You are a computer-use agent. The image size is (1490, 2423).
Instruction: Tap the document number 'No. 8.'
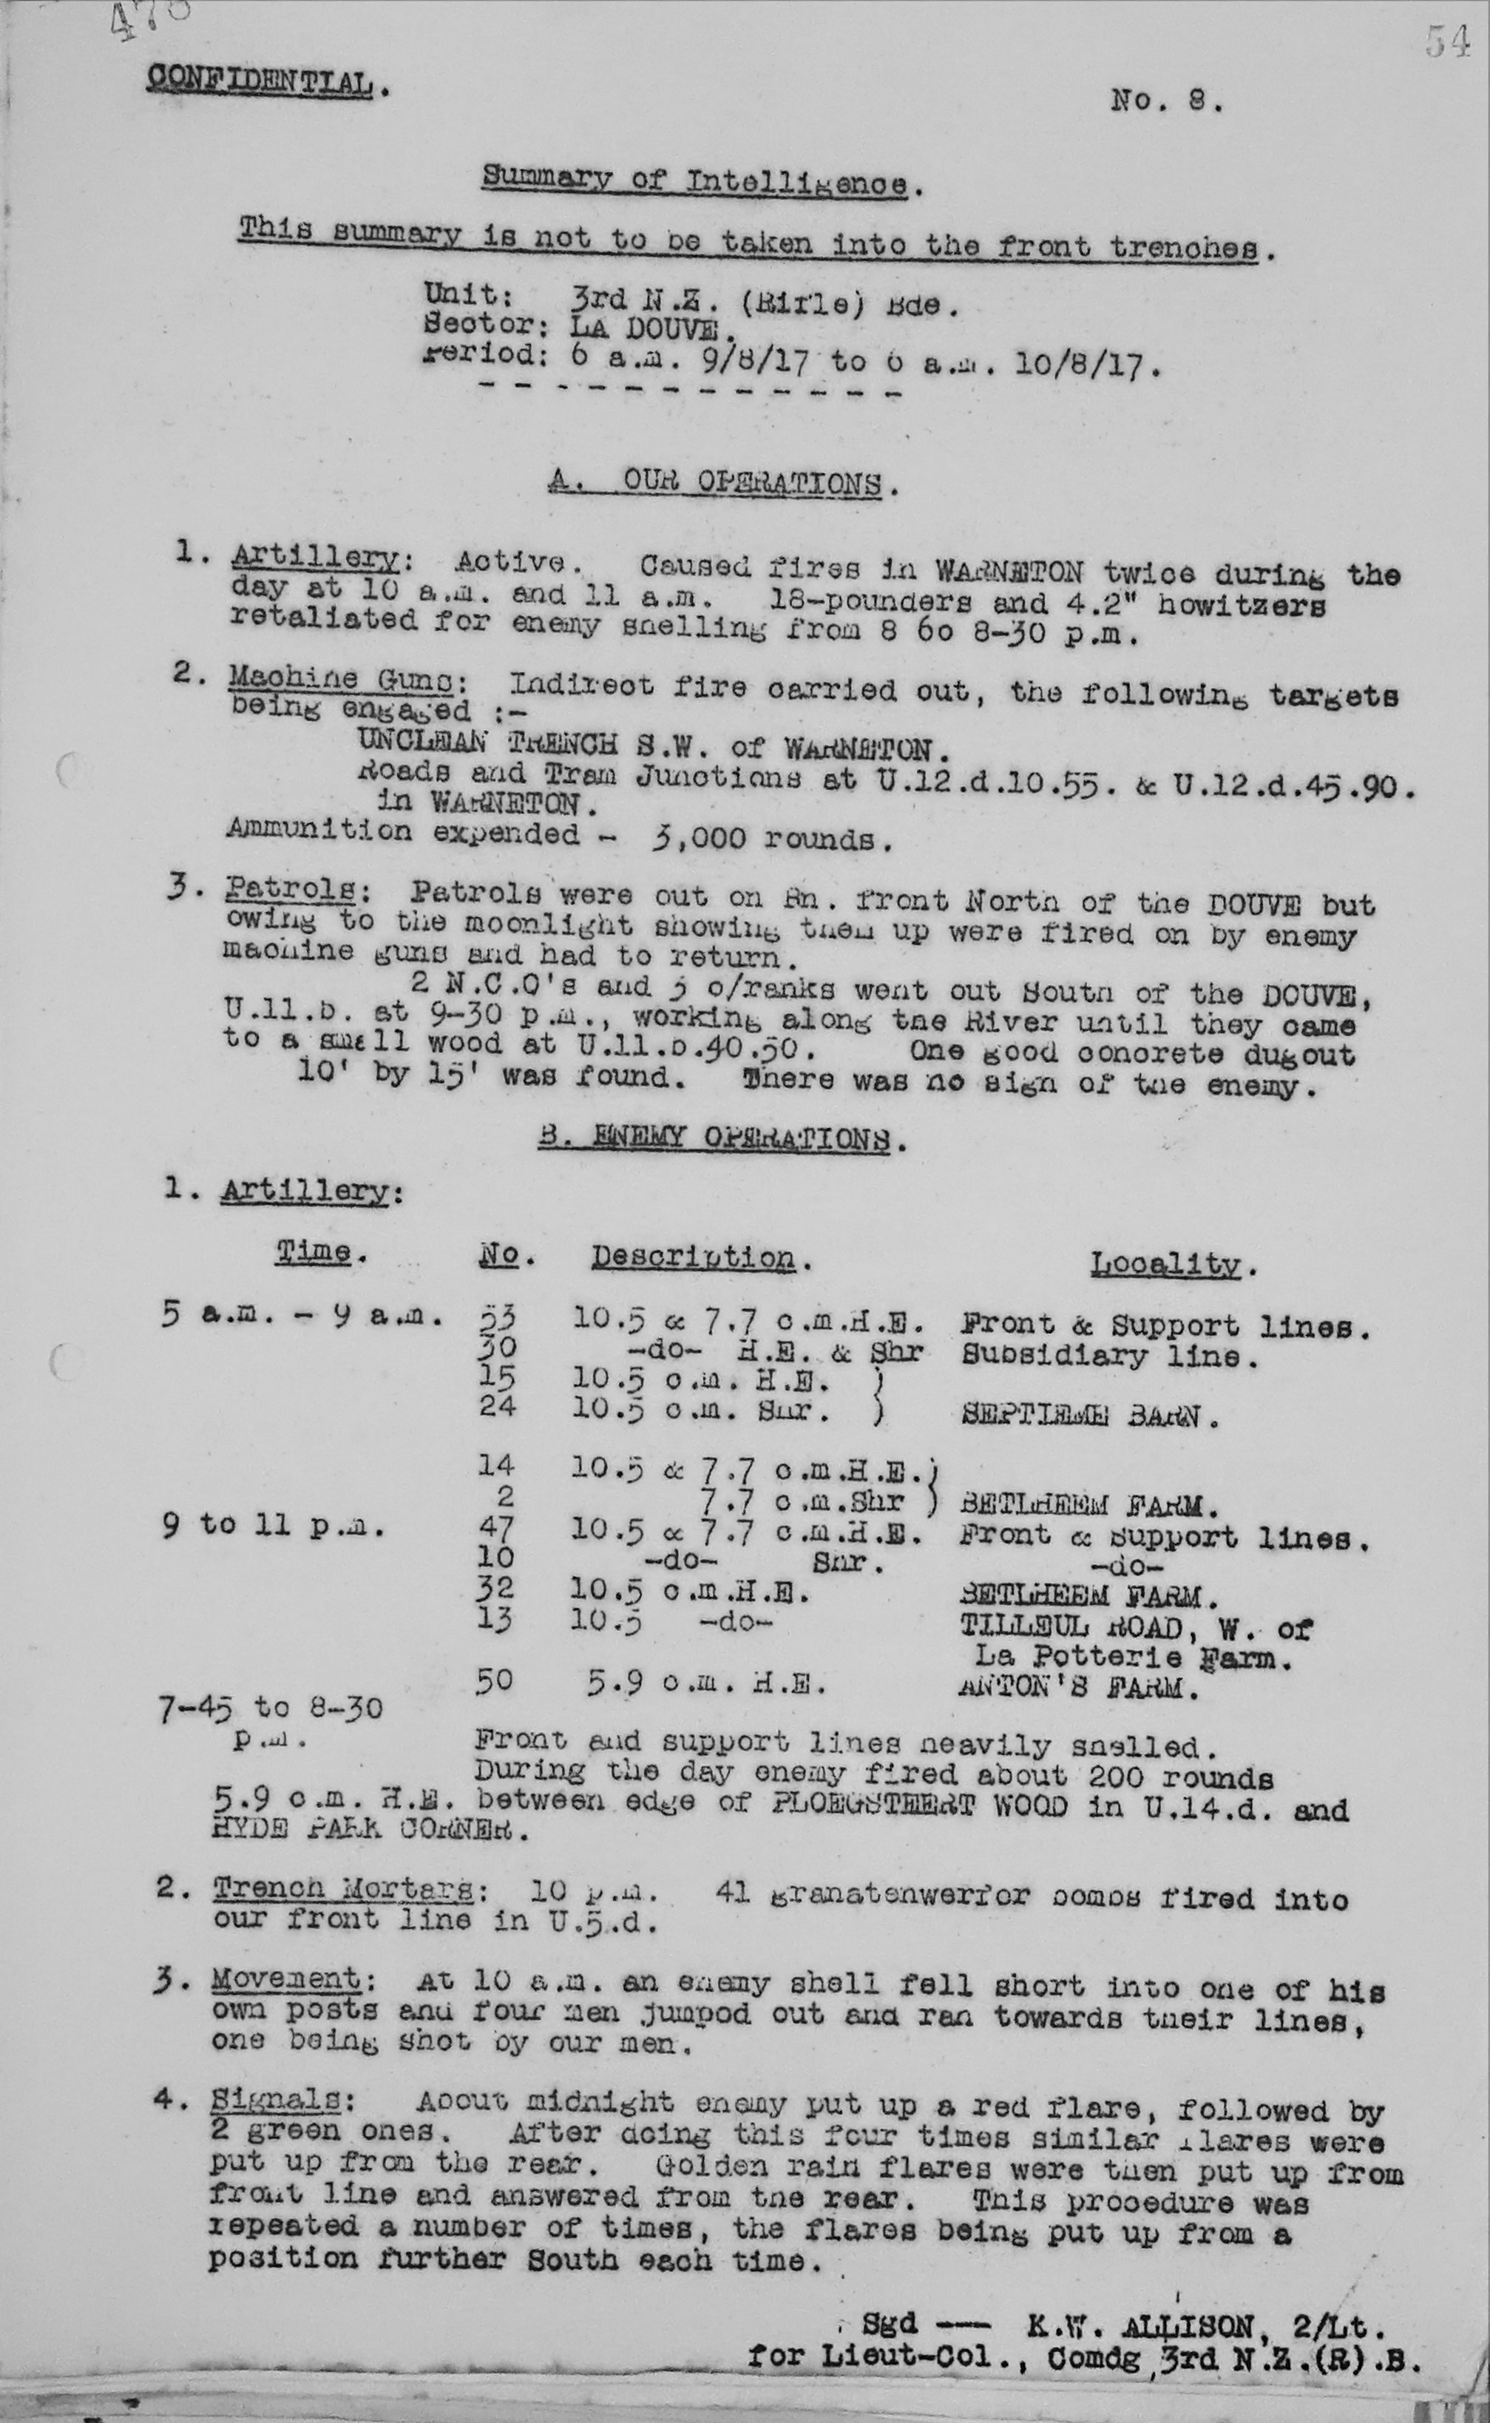(1167, 101)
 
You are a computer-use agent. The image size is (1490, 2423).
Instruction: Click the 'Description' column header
(694, 1257)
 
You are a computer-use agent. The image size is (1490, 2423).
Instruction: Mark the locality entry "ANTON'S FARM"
(1078, 1689)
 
